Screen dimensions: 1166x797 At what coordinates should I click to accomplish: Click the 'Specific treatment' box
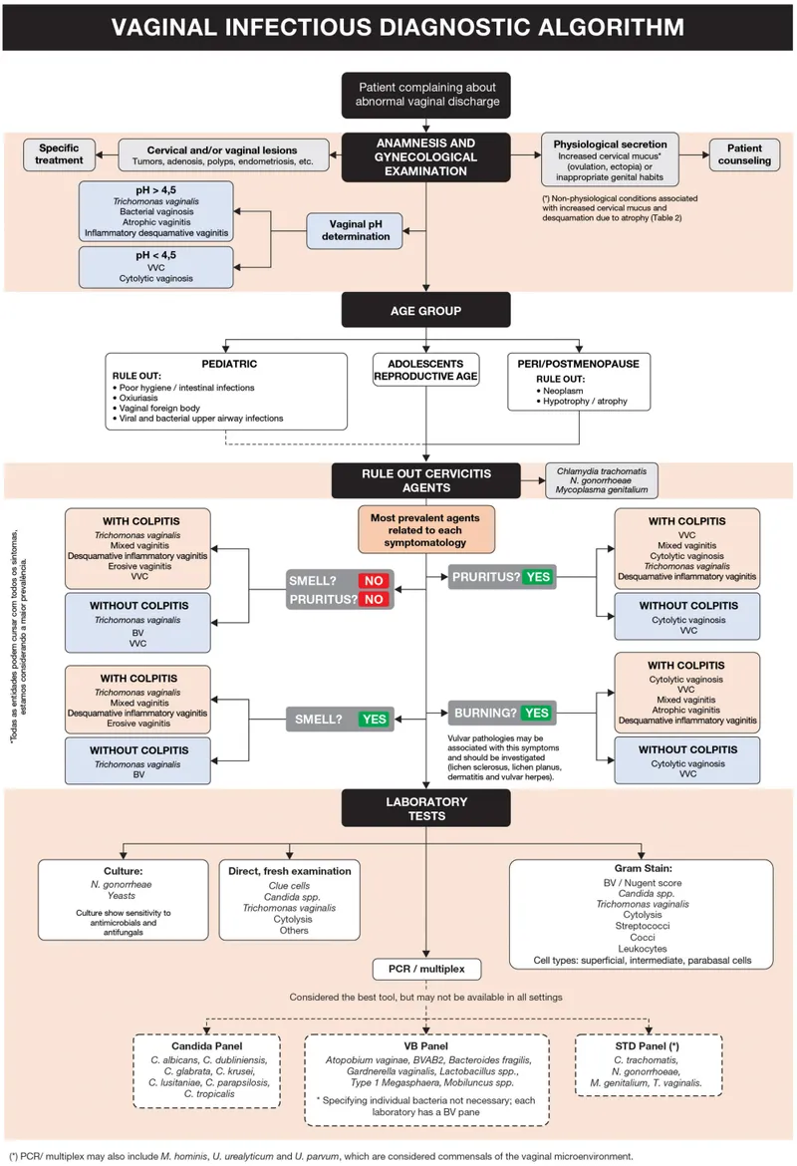61,154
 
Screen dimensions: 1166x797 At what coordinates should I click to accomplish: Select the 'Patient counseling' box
745,154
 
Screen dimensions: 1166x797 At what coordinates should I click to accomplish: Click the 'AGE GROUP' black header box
425,310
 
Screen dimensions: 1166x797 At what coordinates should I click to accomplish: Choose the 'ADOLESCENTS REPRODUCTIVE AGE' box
425,369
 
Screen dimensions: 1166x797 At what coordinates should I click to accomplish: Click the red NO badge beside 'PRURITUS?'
373,600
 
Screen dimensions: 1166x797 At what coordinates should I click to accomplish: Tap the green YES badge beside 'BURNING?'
536,713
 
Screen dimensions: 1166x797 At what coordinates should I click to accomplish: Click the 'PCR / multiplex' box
425,968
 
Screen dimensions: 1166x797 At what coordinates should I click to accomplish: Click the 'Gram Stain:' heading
643,868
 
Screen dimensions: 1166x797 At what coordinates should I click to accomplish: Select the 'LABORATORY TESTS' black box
425,808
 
